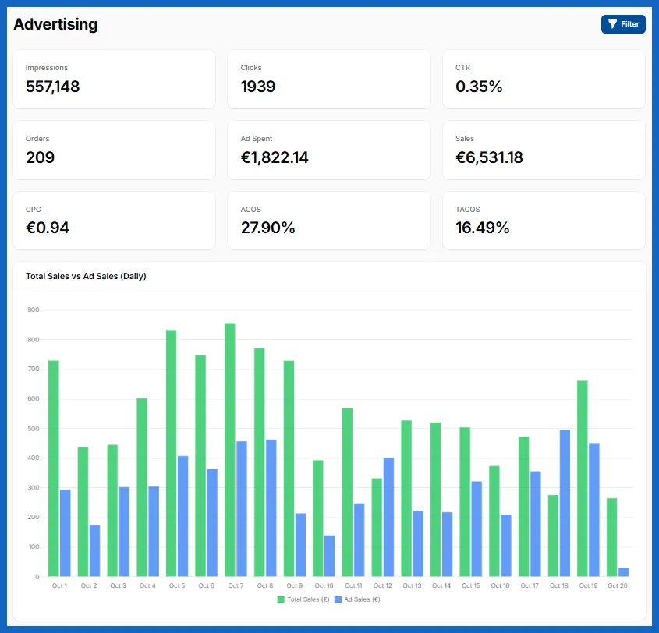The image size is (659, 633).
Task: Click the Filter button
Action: coord(623,24)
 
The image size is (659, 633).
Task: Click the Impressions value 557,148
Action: coord(52,87)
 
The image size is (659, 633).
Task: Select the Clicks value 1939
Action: coord(258,87)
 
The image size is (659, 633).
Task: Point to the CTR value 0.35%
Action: coord(479,87)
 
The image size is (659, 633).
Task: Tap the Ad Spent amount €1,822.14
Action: coord(275,157)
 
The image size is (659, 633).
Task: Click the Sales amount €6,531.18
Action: coord(489,157)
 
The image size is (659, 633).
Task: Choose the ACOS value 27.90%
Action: coord(267,228)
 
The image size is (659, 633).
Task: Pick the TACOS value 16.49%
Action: coord(483,228)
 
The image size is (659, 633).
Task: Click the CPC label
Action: coord(34,209)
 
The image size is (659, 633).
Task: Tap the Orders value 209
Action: coord(40,157)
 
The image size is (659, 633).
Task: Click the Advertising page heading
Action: coord(55,24)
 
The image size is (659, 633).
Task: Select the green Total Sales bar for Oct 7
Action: coord(230,450)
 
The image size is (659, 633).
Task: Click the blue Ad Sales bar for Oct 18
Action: coord(565,503)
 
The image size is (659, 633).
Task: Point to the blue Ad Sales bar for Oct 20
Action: coord(624,572)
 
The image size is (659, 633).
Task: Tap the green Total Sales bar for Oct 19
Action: coord(583,479)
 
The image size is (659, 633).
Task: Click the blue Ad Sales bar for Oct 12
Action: coord(388,517)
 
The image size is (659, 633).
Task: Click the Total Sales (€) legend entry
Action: coord(303,599)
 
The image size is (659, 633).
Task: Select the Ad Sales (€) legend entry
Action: coord(357,599)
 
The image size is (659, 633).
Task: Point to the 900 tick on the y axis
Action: coord(34,309)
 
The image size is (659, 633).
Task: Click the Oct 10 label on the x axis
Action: coord(324,585)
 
